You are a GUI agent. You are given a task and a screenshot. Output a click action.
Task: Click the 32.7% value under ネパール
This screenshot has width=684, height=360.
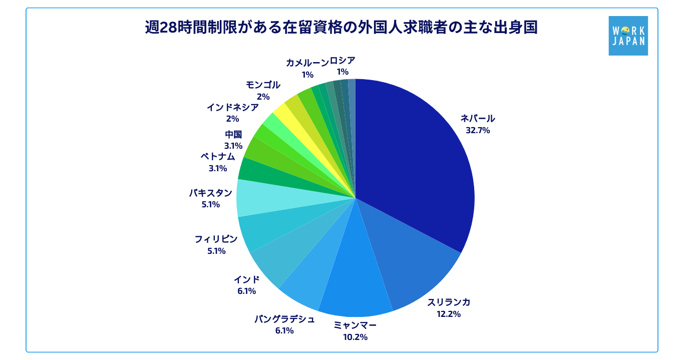pyautogui.click(x=477, y=130)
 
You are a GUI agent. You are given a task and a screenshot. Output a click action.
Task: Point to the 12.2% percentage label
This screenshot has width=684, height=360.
pyautogui.click(x=448, y=314)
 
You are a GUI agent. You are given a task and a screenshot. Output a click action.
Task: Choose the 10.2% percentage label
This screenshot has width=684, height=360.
pyautogui.click(x=355, y=337)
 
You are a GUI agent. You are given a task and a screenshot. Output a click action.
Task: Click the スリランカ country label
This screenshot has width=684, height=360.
pyautogui.click(x=449, y=302)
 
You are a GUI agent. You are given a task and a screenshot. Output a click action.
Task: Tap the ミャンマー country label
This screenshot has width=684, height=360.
pyautogui.click(x=355, y=325)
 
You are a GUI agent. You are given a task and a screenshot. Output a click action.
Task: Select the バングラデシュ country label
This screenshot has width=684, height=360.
pyautogui.click(x=284, y=319)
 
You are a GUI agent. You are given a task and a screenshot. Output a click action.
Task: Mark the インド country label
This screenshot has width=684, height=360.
pyautogui.click(x=247, y=279)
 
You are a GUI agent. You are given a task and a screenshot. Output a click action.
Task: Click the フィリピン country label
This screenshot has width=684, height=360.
pyautogui.click(x=216, y=239)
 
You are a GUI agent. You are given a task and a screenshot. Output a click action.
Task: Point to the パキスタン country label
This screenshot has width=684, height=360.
pyautogui.click(x=211, y=193)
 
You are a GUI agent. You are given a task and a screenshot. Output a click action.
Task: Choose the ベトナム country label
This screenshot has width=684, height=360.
pyautogui.click(x=218, y=156)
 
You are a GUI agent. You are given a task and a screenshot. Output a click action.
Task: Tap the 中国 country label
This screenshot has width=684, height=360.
pyautogui.click(x=233, y=134)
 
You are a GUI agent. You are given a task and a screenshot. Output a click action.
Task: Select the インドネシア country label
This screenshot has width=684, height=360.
pyautogui.click(x=233, y=107)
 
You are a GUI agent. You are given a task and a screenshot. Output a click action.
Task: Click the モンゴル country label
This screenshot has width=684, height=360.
pyautogui.click(x=263, y=85)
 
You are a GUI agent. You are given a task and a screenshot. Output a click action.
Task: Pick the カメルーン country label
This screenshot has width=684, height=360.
pyautogui.click(x=307, y=63)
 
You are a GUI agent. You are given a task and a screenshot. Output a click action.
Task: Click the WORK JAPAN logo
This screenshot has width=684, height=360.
pyautogui.click(x=628, y=36)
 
